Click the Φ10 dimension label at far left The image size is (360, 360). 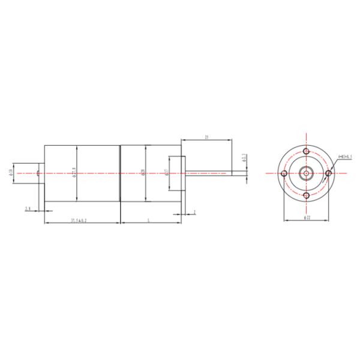click(11, 173)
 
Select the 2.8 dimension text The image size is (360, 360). click(28, 209)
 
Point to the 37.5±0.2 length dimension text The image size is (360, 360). click(79, 221)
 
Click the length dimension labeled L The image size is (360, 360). click(148, 221)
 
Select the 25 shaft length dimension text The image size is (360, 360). click(206, 138)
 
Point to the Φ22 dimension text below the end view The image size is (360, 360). click(307, 219)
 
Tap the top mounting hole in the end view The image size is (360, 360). click(306, 151)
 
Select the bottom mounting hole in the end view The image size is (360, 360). click(306, 196)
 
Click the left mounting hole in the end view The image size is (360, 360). click(284, 173)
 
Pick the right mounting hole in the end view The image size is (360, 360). click(328, 173)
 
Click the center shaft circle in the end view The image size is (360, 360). click(306, 173)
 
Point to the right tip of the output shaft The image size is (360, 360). click(247, 173)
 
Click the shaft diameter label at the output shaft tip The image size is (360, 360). click(244, 159)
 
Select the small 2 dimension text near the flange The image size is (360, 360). click(195, 212)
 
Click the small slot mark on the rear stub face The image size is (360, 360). click(38, 173)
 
